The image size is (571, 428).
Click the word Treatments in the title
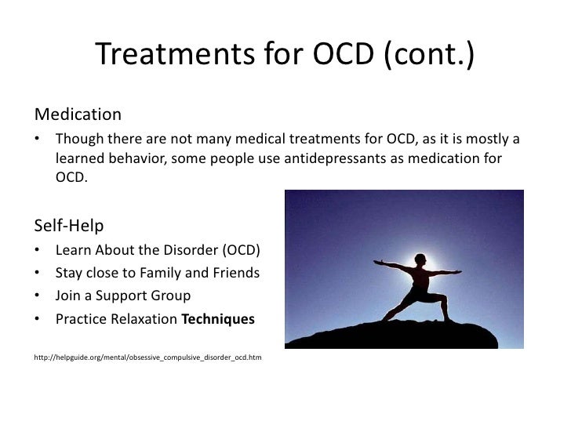(x=175, y=53)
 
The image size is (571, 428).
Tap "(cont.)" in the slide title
(x=429, y=54)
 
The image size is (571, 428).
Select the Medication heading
(x=78, y=114)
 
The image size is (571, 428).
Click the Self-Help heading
(x=69, y=226)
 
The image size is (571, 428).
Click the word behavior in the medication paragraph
(x=138, y=158)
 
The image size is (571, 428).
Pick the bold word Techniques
(x=218, y=319)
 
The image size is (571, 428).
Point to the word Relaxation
(x=144, y=319)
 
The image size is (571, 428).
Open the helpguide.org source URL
(x=147, y=357)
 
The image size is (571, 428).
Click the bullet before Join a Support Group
(x=37, y=296)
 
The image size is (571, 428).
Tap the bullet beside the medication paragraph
(x=37, y=138)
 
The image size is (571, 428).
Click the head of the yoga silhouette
(x=420, y=259)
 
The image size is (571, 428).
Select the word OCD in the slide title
(x=344, y=54)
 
